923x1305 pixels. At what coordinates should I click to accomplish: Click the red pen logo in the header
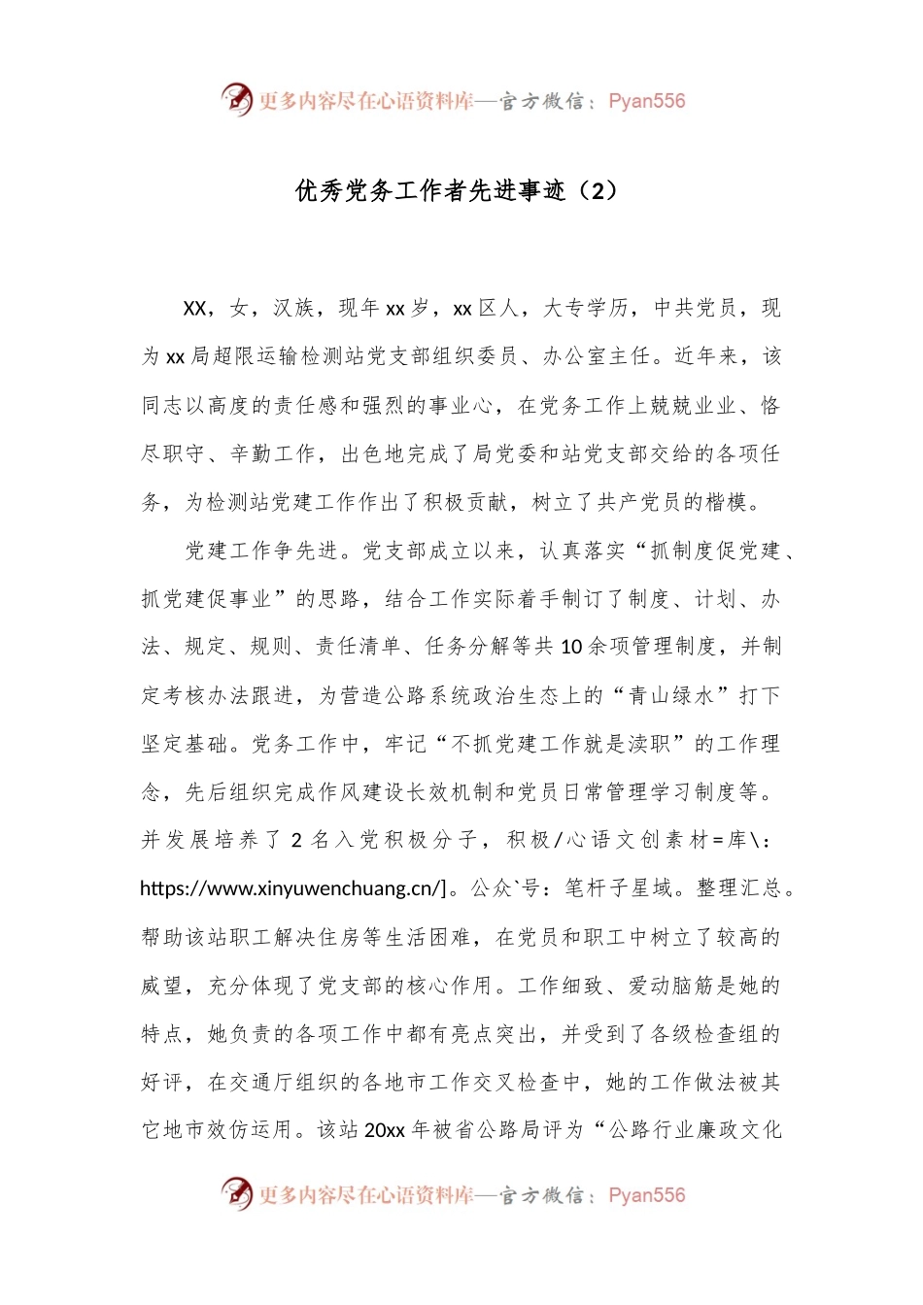point(236,99)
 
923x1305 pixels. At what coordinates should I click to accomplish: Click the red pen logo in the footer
point(236,1193)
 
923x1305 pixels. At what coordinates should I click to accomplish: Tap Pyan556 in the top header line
point(646,101)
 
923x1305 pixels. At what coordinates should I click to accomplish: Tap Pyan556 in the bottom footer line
point(646,1195)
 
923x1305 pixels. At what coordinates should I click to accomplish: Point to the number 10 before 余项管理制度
point(572,647)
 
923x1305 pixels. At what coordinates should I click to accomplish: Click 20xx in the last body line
point(384,1130)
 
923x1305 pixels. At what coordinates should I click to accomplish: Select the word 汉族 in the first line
point(294,309)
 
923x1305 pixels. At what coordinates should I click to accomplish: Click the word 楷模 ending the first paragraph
point(728,502)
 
